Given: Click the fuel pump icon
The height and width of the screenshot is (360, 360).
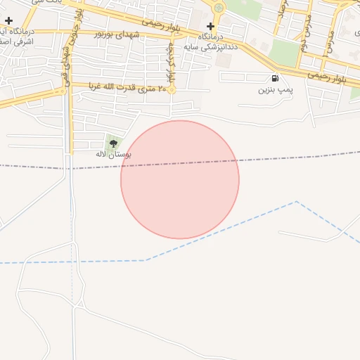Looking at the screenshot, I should (274, 79).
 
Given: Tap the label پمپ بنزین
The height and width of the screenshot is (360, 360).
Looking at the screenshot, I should (274, 90).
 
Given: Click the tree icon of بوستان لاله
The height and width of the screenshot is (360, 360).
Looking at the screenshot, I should (113, 143).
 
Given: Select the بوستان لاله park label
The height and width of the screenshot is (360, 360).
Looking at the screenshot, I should (113, 153).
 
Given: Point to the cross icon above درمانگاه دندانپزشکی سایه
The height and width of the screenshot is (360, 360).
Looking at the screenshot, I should (210, 26).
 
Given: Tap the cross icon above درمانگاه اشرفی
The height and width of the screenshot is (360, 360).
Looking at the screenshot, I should (8, 21).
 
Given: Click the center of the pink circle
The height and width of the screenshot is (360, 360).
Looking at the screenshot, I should (180, 180).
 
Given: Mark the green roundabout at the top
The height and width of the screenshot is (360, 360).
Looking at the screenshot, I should (219, 8).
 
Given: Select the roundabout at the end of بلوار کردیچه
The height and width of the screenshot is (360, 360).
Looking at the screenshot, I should (171, 89).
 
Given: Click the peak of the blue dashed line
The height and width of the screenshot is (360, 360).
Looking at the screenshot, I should (296, 201).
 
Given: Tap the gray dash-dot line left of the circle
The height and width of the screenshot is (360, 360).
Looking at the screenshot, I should (56, 166).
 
